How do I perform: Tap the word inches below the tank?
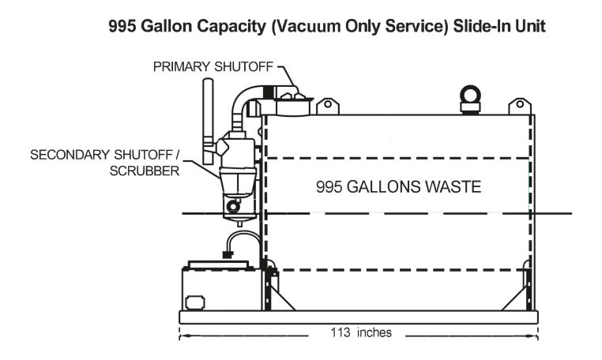(x=373, y=332)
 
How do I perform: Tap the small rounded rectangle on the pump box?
(x=195, y=302)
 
